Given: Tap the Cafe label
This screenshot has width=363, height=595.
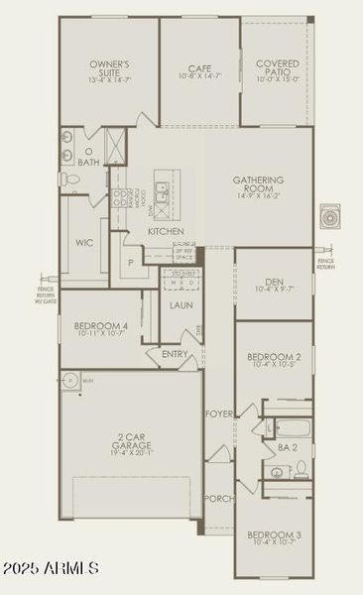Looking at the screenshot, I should (x=199, y=69).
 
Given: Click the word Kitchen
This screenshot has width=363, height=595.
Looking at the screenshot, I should (x=166, y=231).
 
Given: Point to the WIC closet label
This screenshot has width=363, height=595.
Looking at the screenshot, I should (x=84, y=241).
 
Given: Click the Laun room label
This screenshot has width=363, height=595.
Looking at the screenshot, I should (x=181, y=304).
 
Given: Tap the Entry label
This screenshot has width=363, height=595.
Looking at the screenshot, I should (x=176, y=353).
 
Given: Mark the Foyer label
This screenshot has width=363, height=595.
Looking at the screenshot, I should (x=218, y=413).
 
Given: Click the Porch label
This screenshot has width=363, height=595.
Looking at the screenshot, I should (x=218, y=498).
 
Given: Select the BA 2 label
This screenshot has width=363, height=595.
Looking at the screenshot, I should (x=288, y=448).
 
